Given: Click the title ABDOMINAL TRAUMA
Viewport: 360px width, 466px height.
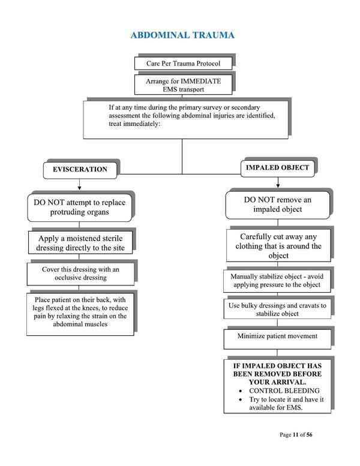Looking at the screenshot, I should (182, 35).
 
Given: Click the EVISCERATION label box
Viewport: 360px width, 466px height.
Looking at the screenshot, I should (80, 169).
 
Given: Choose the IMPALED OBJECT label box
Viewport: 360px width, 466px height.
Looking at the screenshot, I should (277, 168).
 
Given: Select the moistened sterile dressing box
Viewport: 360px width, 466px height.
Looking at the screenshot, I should (81, 242).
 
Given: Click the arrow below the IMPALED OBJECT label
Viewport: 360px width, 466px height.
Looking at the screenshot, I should (277, 182).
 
